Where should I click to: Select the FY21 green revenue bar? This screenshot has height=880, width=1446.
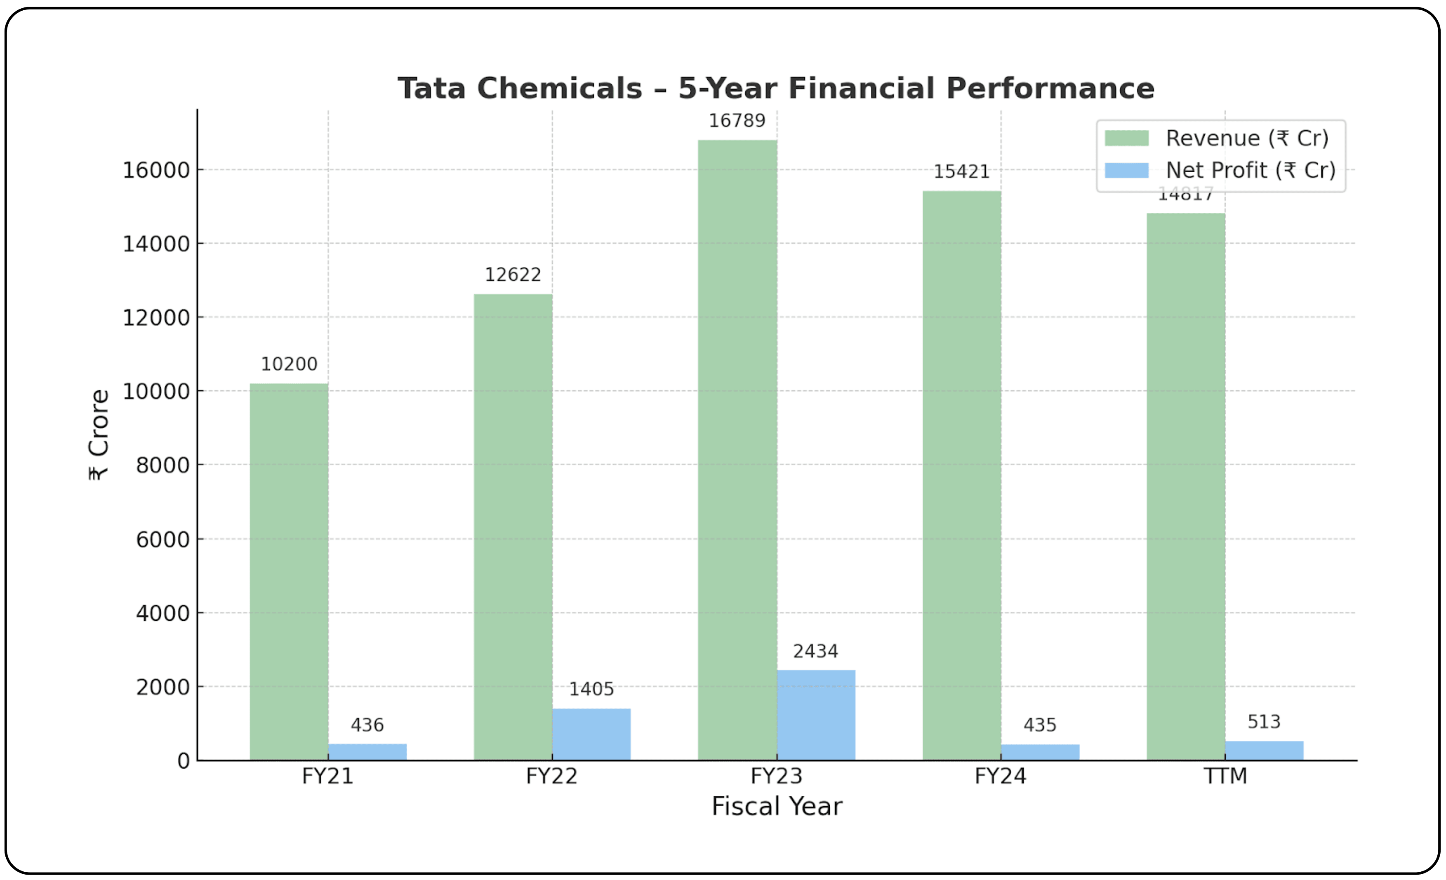click(x=289, y=572)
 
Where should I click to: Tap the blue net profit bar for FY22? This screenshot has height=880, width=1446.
click(x=591, y=735)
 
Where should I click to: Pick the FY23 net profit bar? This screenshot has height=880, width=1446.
click(x=816, y=715)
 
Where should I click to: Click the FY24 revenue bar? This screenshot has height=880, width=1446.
click(x=961, y=475)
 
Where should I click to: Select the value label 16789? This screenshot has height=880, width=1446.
click(x=737, y=121)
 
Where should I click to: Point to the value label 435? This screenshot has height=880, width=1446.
click(x=1040, y=725)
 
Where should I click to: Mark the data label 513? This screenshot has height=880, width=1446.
click(x=1263, y=722)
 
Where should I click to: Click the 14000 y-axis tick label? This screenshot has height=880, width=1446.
click(x=156, y=244)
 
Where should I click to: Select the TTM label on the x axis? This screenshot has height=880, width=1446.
click(x=1225, y=776)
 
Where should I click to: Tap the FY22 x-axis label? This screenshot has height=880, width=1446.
click(x=552, y=776)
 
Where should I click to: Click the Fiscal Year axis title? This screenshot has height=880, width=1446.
click(x=776, y=806)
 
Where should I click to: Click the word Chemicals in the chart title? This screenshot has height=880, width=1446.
click(x=559, y=89)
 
